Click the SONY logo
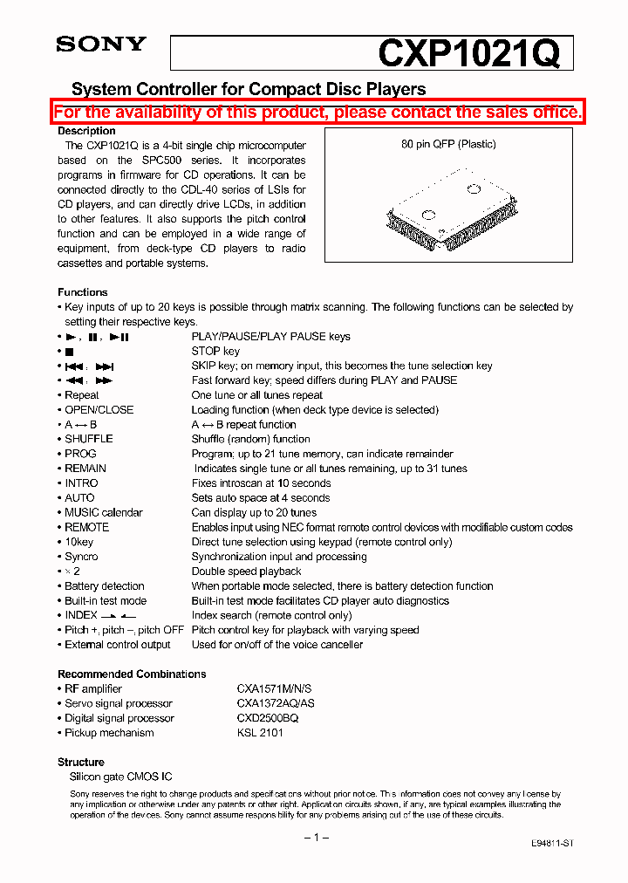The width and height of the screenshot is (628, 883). coord(101,44)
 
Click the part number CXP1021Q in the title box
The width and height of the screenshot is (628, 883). coord(468,54)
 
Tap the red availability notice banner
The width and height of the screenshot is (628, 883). coord(317,112)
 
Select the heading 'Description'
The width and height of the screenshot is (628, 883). coord(86,131)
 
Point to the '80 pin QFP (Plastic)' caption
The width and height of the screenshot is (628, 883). coord(448,144)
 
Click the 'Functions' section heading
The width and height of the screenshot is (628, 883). coord(83,292)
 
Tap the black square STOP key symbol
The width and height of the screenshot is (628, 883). coord(69,352)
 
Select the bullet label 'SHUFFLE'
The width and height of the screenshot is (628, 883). coord(88,439)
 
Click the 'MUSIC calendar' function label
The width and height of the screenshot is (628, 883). coord(103,512)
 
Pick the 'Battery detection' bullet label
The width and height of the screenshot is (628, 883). coord(104,586)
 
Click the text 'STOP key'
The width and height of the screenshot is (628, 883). coord(215,352)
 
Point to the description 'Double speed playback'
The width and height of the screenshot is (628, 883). coord(246,572)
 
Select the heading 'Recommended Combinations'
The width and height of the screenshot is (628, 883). coord(132,674)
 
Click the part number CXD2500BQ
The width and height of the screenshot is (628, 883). coord(268,718)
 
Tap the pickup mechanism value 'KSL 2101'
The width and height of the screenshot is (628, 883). coord(260,733)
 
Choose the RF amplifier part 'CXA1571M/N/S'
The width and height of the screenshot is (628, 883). coord(273,688)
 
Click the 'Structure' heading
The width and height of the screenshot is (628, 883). coord(81,762)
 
